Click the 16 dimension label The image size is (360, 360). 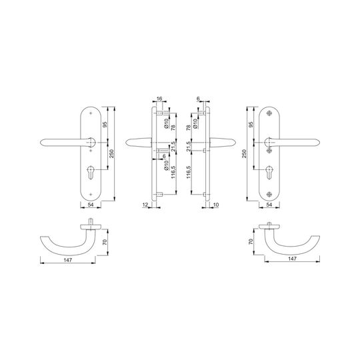159,99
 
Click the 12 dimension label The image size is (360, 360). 145,205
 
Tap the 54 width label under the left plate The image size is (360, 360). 91,205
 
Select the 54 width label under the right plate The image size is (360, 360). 269,205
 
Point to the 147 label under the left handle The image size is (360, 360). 68,260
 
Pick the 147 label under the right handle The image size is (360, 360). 292,259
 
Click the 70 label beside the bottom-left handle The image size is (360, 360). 105,242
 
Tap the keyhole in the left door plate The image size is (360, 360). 91,172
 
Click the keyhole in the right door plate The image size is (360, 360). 269,172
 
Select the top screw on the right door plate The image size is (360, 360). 269,113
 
